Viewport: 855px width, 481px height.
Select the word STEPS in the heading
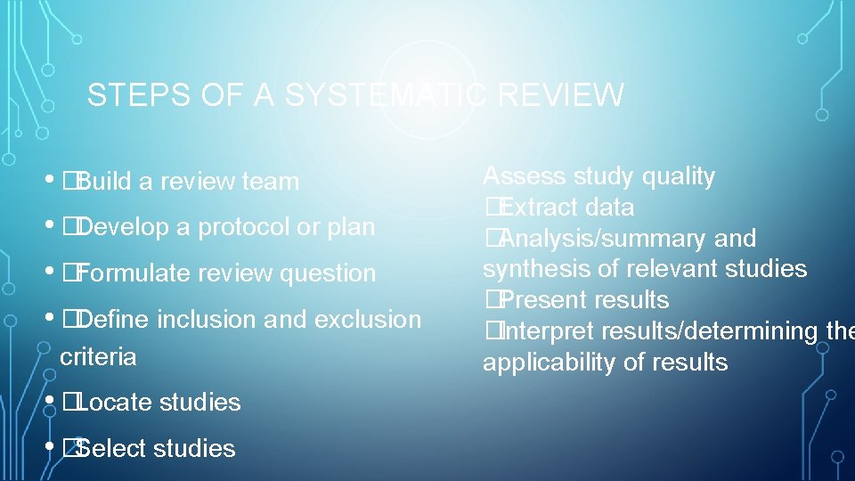click(x=130, y=95)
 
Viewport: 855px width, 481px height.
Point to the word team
click(x=270, y=182)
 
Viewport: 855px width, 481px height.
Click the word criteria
click(x=98, y=357)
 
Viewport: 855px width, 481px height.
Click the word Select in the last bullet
click(x=111, y=448)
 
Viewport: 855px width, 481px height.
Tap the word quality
click(x=677, y=176)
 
